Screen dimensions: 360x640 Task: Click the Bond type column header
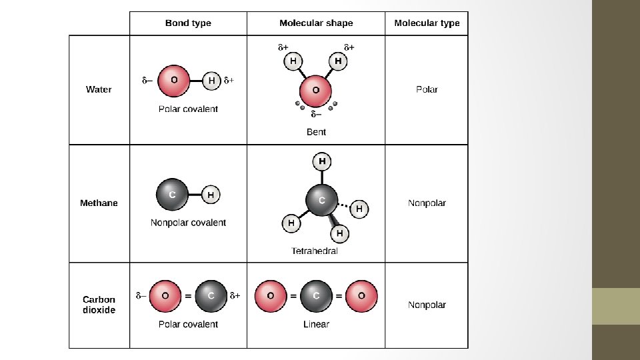click(188, 23)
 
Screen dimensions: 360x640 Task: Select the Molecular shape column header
click(316, 23)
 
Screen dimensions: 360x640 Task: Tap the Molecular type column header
click(427, 23)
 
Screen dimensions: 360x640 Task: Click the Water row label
click(99, 89)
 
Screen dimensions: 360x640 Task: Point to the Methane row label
click(99, 203)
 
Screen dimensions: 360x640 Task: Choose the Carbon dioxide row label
click(99, 305)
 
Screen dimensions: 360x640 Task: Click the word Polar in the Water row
click(427, 89)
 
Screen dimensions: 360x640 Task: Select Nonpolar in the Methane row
click(427, 203)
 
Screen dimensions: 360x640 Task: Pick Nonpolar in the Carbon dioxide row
click(427, 305)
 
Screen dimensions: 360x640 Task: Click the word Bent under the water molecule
click(316, 132)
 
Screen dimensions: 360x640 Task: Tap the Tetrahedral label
click(315, 251)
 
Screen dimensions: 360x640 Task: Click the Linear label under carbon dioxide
click(316, 324)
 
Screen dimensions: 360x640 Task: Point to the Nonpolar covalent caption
click(188, 223)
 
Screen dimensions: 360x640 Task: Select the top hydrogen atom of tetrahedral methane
click(322, 161)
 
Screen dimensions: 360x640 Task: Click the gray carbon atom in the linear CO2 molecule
click(316, 296)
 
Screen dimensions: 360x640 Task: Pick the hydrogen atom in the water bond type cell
click(211, 81)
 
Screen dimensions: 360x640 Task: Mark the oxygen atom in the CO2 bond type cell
click(165, 296)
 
